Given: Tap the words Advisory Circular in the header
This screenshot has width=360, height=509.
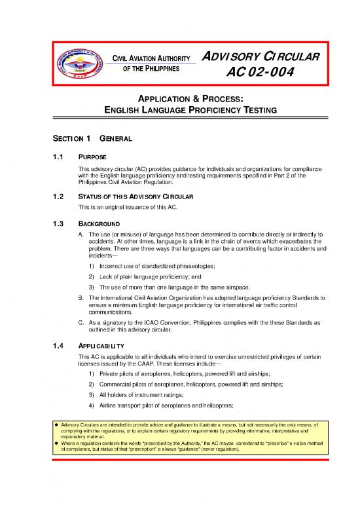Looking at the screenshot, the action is pyautogui.click(x=264, y=57).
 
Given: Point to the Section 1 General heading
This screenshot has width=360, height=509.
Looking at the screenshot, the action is pyautogui.click(x=86, y=139).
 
